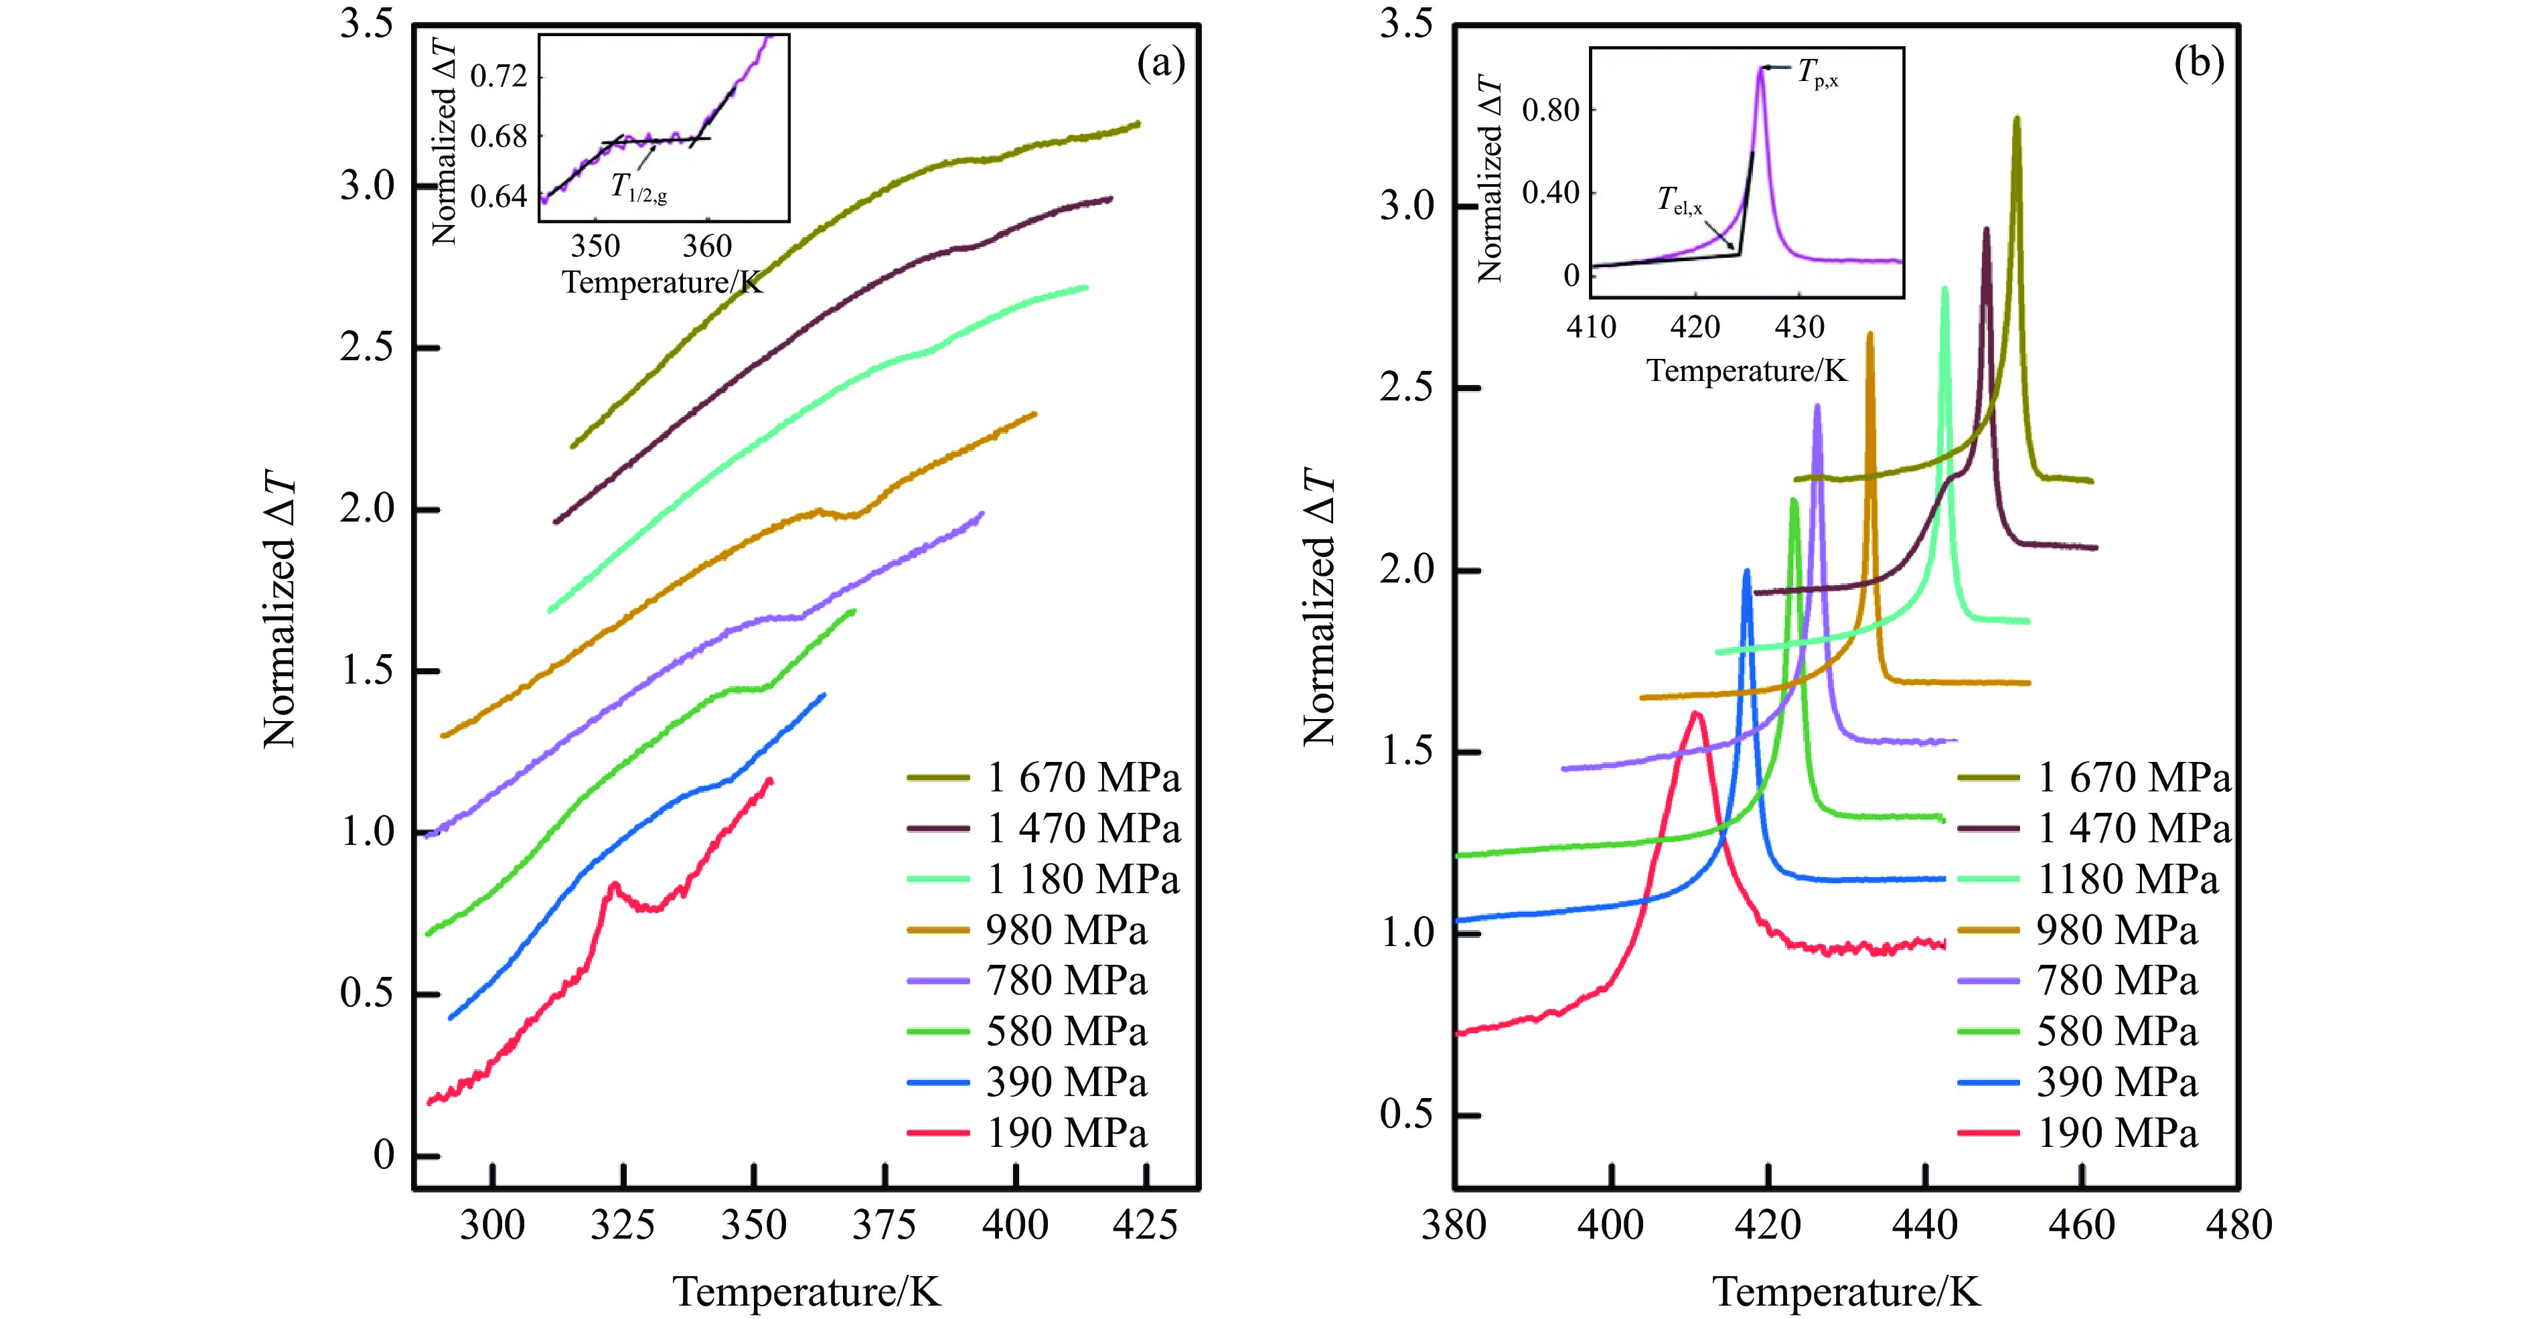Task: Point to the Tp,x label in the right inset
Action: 1818,72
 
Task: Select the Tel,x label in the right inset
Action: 1680,202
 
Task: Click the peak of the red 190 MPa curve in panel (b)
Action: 1696,713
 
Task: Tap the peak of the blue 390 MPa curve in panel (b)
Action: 1746,570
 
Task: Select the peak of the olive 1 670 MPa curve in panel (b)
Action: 2017,118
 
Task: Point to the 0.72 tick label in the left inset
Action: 499,76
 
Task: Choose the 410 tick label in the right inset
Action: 1591,327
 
